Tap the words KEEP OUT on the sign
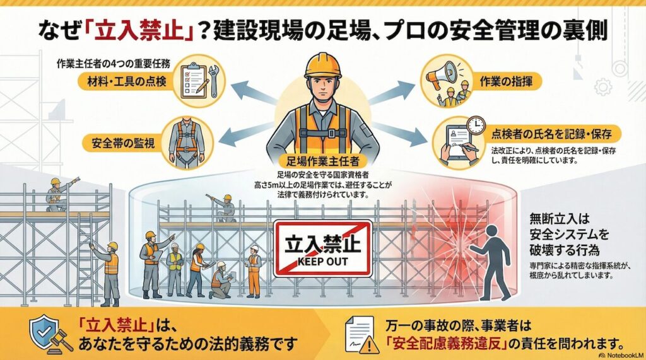(x=322, y=258)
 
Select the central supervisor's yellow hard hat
(x=322, y=66)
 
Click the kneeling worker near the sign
(x=221, y=282)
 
